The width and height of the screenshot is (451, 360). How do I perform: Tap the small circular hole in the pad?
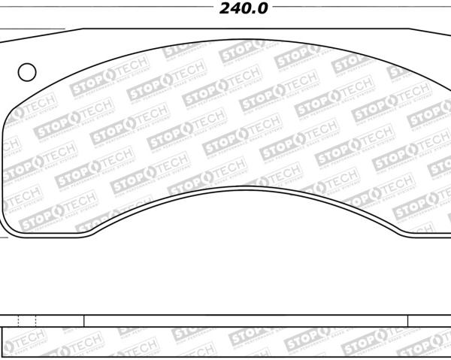(x=27, y=72)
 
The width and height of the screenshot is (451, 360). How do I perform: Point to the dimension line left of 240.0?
(x=105, y=9)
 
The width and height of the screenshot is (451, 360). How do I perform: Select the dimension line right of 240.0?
(x=361, y=9)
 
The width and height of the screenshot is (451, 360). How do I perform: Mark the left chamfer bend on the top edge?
(x=81, y=29)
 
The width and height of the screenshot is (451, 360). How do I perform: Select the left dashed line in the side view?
(x=19, y=321)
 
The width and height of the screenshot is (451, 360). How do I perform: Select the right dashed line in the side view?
(x=36, y=321)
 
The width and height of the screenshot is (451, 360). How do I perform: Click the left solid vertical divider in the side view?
(x=83, y=321)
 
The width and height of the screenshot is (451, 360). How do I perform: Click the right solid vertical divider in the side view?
(x=408, y=321)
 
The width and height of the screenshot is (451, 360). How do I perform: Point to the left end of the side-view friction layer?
(x=5, y=343)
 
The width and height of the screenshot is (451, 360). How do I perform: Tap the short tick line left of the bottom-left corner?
(x=3, y=238)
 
